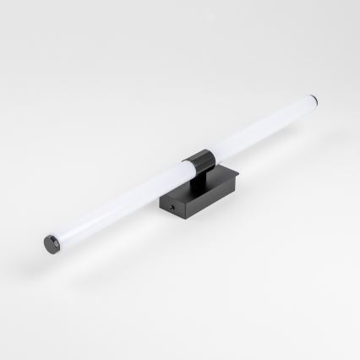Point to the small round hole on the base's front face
tap(172, 205)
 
